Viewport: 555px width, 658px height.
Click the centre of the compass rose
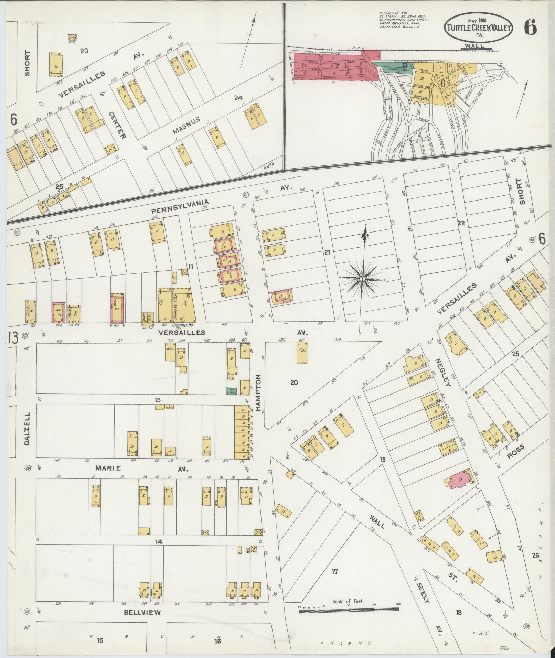coord(363,278)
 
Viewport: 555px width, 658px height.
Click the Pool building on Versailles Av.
coord(302,352)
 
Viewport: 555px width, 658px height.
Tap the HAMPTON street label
coord(259,393)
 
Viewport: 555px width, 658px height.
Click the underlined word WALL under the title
coord(474,45)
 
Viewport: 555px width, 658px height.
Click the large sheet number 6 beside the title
coord(530,28)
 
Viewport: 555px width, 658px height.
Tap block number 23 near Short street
coord(84,51)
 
